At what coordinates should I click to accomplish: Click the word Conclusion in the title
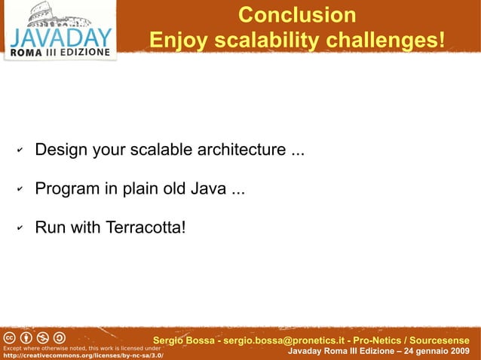(296, 16)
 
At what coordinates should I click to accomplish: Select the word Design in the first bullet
(62, 150)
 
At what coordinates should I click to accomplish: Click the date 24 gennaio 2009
(434, 352)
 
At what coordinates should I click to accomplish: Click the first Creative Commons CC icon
(11, 336)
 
